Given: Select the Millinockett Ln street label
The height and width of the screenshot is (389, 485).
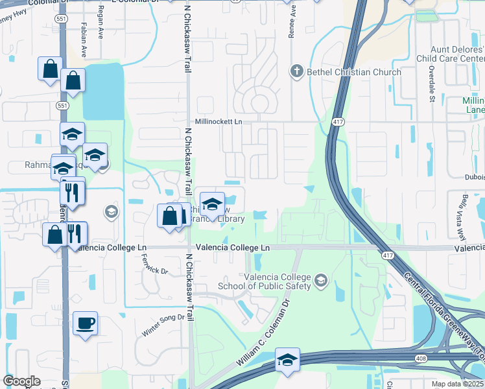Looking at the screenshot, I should pyautogui.click(x=218, y=121).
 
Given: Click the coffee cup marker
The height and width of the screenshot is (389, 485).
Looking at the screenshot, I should pyautogui.click(x=85, y=323).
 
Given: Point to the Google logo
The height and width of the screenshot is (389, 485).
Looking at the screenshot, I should pyautogui.click(x=21, y=381).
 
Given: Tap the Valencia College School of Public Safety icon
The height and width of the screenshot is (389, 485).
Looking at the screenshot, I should pyautogui.click(x=320, y=281).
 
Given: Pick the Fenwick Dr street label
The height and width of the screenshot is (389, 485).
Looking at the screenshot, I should pyautogui.click(x=154, y=263).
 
